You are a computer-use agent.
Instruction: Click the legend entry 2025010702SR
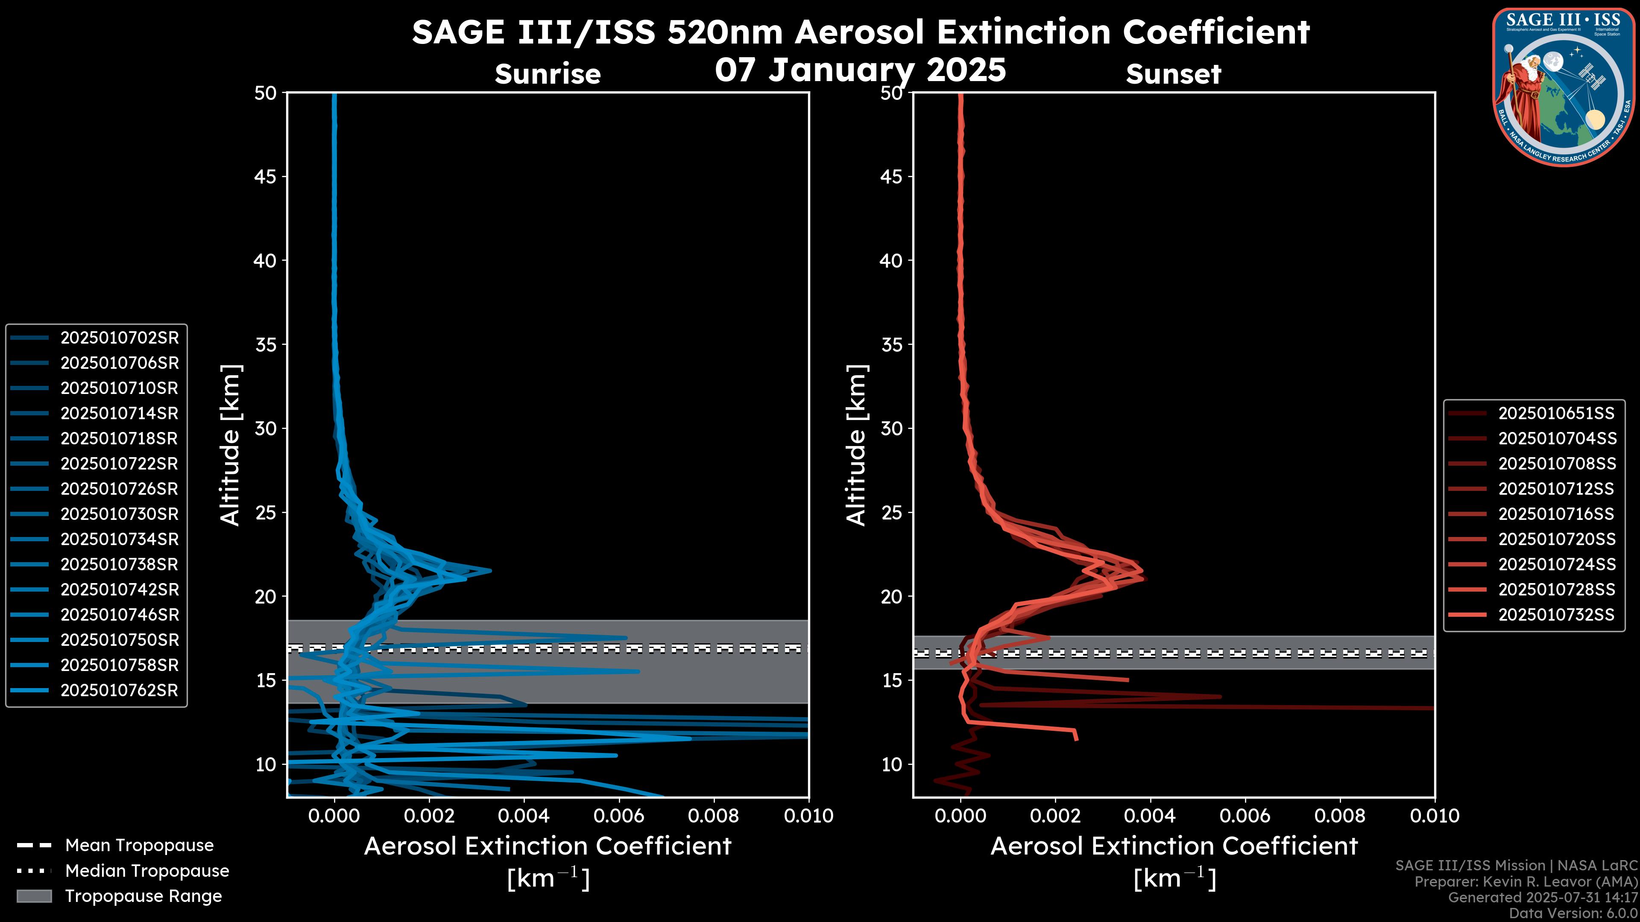click(x=120, y=338)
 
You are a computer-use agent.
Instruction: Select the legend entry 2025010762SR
click(x=120, y=690)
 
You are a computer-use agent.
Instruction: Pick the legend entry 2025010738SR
click(x=120, y=564)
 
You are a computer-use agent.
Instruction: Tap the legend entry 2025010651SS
click(x=1556, y=414)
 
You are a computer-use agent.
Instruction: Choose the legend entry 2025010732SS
click(x=1556, y=615)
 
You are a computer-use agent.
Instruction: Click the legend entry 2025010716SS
click(x=1556, y=514)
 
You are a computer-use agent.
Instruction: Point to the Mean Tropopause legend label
click(x=139, y=846)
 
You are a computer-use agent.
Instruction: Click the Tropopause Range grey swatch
click(x=34, y=896)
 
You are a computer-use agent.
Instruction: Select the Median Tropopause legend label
click(x=147, y=871)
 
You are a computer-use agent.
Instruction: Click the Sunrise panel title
click(x=548, y=74)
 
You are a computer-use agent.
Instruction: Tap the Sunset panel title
click(x=1173, y=74)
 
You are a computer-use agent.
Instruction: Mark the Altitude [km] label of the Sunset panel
click(x=856, y=445)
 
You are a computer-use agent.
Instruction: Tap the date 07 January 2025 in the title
click(x=860, y=70)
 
